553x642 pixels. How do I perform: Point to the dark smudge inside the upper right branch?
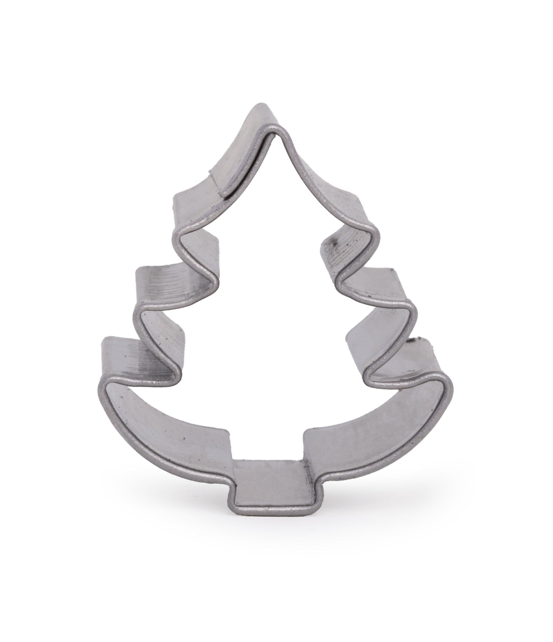click(333, 245)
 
